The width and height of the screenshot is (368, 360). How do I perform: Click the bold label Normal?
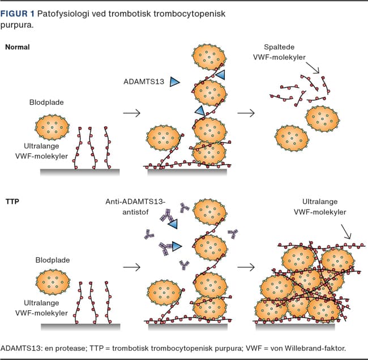click(17, 47)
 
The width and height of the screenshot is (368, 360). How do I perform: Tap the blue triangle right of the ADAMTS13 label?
click(174, 82)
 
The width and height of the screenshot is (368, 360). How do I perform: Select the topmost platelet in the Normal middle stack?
click(209, 57)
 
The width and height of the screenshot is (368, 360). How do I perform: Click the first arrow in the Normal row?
click(131, 113)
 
